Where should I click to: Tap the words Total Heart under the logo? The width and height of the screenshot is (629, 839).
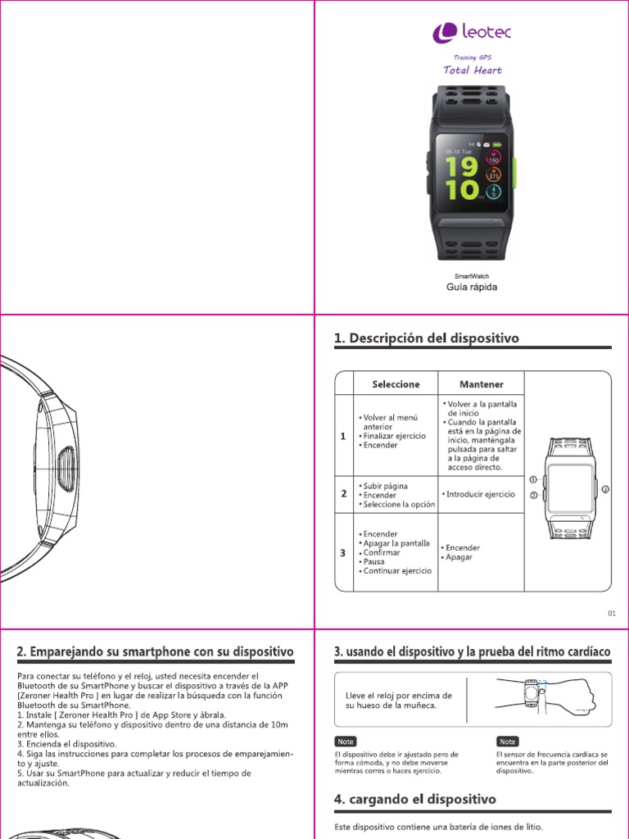(473, 70)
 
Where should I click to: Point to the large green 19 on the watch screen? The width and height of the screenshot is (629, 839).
(463, 166)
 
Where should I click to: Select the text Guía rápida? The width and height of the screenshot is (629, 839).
(471, 288)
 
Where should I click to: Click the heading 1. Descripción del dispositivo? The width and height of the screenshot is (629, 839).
(426, 338)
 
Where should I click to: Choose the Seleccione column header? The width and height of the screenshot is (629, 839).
(396, 383)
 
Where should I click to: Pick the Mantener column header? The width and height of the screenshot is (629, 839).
(481, 383)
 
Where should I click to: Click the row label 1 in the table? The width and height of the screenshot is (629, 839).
(343, 437)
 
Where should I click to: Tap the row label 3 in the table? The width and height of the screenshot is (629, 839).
(343, 553)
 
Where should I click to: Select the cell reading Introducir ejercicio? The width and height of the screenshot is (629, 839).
(481, 495)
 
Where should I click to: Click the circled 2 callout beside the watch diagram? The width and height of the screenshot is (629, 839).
(605, 489)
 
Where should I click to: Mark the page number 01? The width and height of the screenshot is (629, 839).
(611, 613)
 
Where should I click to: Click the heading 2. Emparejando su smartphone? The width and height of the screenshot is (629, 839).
(156, 652)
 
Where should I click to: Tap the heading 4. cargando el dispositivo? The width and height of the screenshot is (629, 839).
(414, 798)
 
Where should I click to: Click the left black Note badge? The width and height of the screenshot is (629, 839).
(346, 741)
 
